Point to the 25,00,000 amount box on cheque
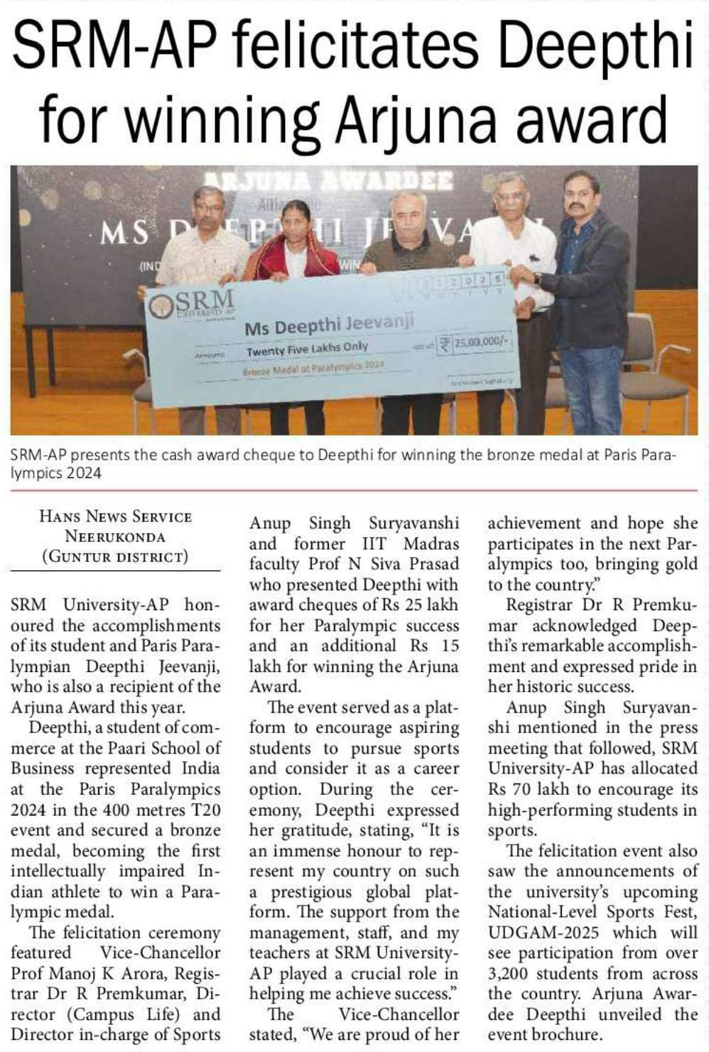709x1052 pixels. coord(474,343)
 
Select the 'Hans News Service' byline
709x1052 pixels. coord(116,516)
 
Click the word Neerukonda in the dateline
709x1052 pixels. coord(115,536)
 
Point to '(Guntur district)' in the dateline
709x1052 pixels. coord(115,556)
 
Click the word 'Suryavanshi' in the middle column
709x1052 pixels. coord(413,524)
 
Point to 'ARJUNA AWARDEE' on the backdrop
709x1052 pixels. coord(328,182)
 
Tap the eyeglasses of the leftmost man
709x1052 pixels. coord(208,207)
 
